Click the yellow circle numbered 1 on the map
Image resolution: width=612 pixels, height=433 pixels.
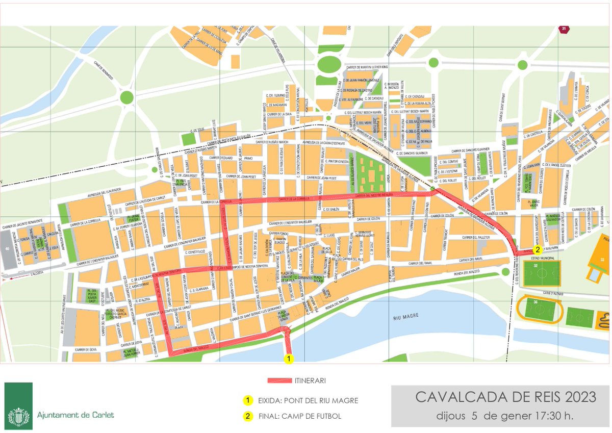click(x=289, y=359)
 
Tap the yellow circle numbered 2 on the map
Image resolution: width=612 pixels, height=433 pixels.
click(x=537, y=250)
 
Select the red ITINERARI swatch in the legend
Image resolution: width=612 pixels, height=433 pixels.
click(x=279, y=380)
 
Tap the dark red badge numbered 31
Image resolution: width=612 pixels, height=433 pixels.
click(x=563, y=29)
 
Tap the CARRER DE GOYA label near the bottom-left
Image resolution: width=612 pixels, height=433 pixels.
click(x=85, y=350)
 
